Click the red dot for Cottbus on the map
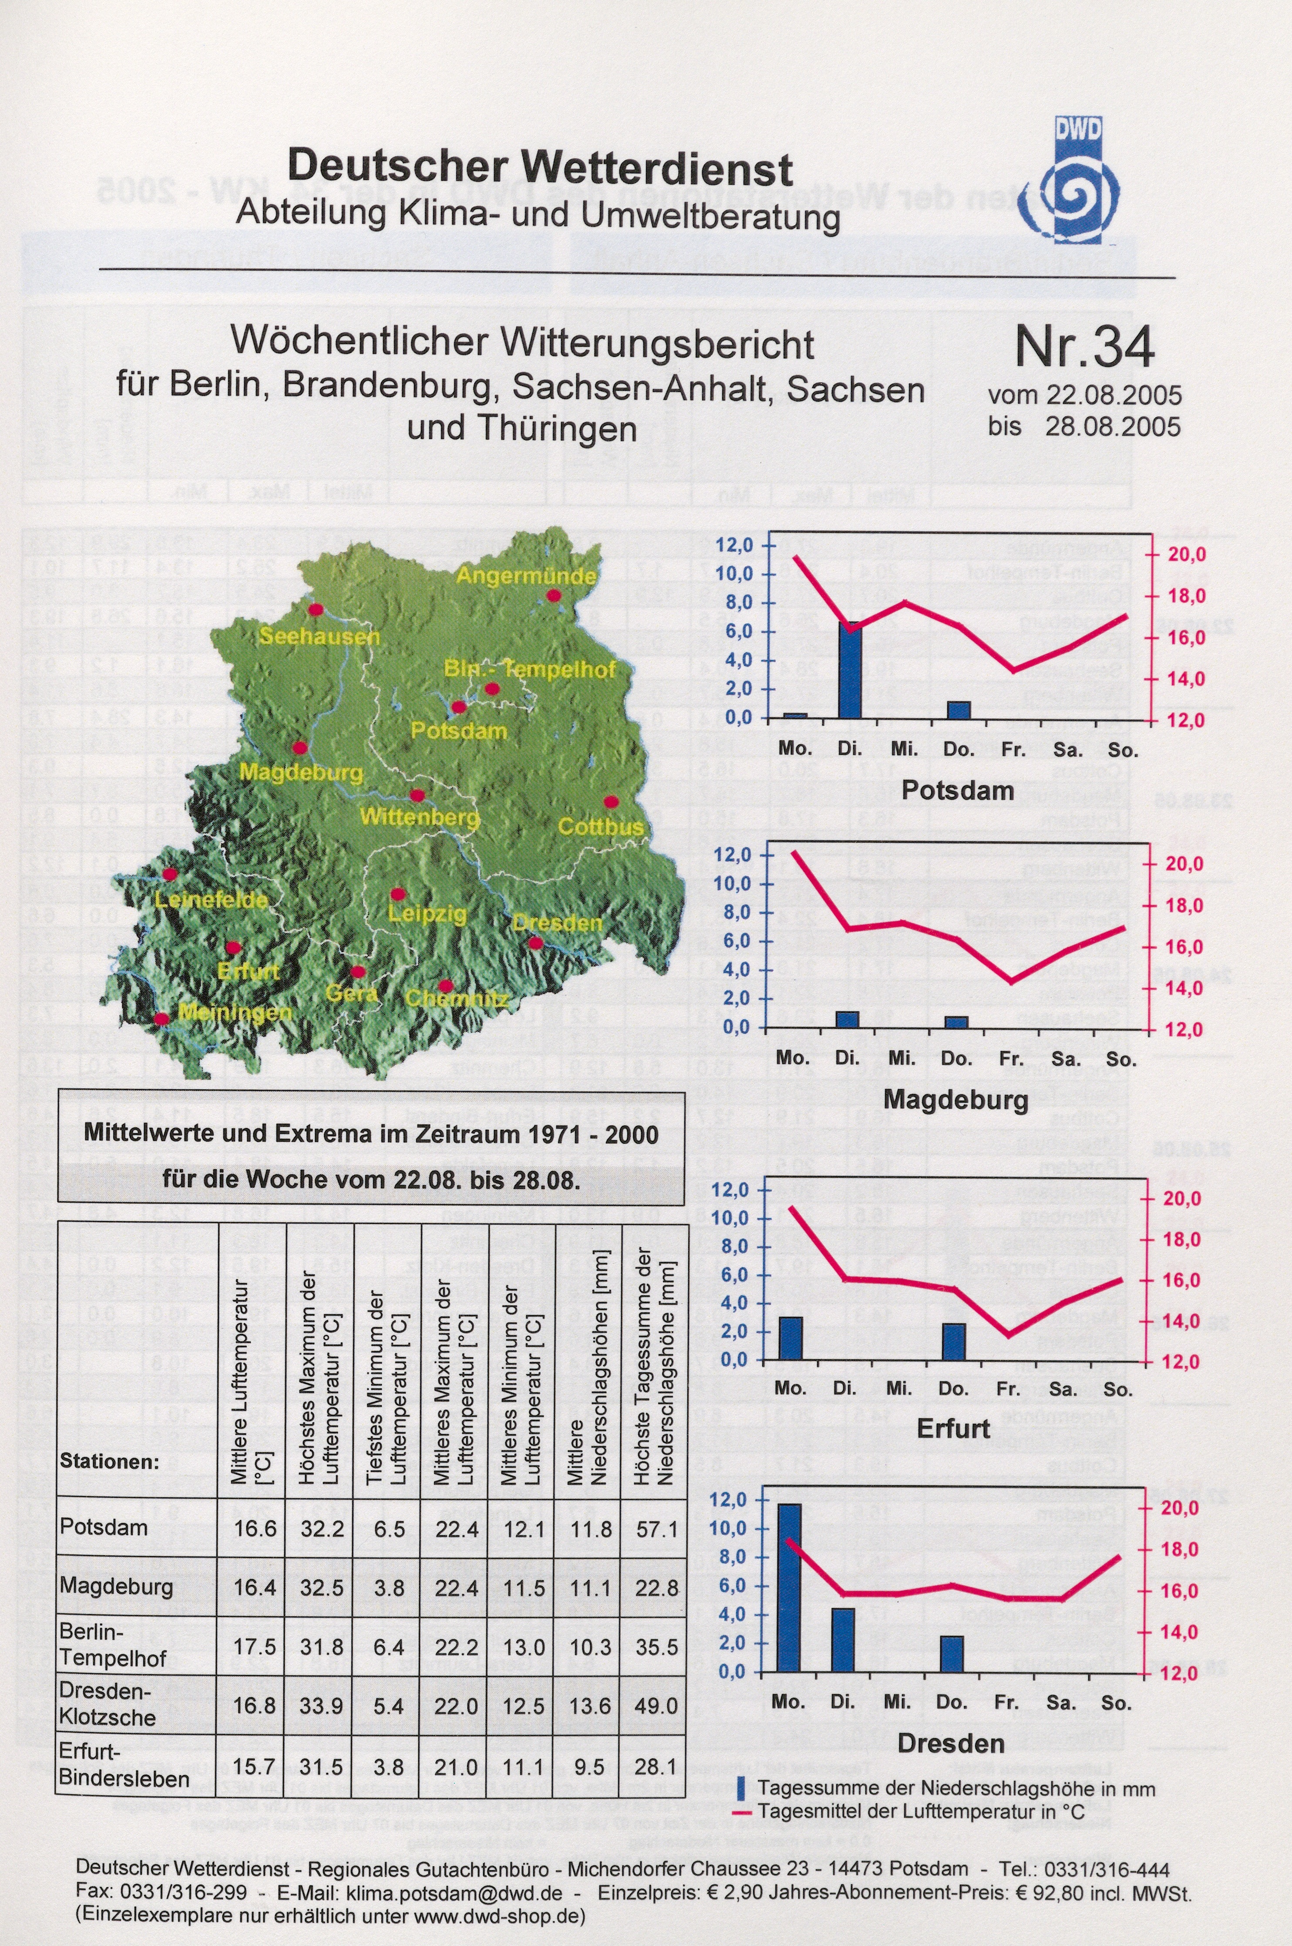pyautogui.click(x=610, y=801)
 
